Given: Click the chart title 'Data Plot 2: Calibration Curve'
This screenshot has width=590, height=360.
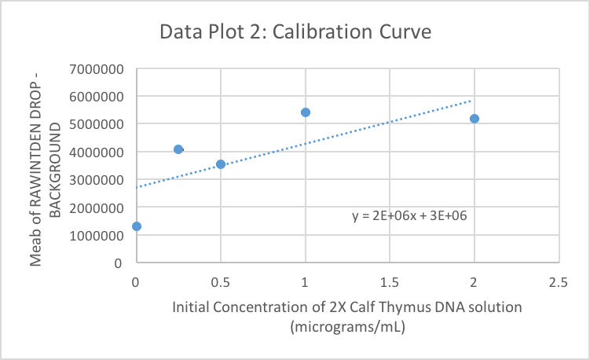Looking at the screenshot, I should pos(295,33).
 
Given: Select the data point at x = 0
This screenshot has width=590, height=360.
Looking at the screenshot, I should pos(137,226).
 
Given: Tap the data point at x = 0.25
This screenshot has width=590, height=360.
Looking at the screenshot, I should pos(178,149).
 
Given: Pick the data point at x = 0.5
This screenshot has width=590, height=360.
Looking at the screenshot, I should pos(221,164).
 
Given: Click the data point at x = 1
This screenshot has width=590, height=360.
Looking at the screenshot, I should pos(306,112).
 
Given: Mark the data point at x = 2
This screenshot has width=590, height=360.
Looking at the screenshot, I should pos(475,119).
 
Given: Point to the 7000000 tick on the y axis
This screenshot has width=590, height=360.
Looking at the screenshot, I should pos(96,69).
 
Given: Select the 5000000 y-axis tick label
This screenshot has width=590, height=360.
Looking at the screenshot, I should pos(96,124).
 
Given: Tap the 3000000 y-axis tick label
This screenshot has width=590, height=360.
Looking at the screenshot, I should pos(96,180).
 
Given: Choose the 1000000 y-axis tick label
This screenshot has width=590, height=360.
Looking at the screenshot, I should pos(96,235).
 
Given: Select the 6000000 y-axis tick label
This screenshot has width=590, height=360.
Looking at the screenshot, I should pos(96,97).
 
